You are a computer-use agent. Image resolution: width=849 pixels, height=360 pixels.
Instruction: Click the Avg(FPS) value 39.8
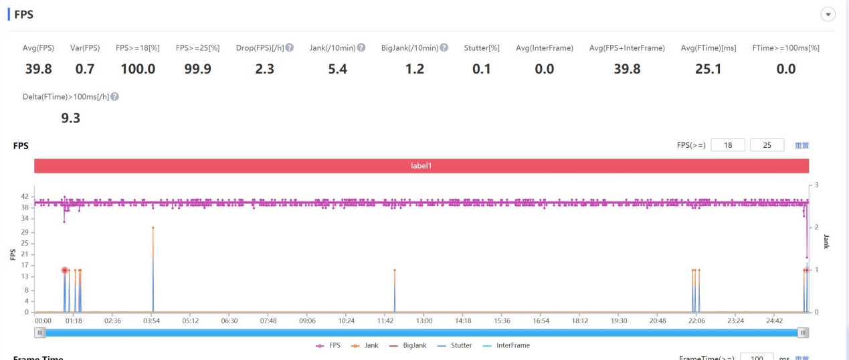tap(38, 69)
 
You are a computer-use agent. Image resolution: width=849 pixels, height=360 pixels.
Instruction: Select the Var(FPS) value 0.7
tap(85, 69)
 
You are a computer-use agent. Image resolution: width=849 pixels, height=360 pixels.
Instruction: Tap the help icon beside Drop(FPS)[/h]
tap(290, 48)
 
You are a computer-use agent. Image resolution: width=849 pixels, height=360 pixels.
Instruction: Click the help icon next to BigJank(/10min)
tap(444, 48)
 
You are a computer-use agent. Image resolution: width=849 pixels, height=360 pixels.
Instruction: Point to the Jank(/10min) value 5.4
tap(337, 69)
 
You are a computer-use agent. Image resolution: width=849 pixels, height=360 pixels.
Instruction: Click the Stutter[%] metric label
tap(482, 48)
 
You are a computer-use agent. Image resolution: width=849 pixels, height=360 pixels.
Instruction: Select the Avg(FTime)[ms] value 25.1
tap(708, 69)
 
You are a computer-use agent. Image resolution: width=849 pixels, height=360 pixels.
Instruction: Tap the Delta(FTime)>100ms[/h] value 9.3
tap(70, 118)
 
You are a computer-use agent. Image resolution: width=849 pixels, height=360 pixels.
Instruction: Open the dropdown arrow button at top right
tap(828, 15)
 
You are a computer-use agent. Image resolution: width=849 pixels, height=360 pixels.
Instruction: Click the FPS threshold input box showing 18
tap(728, 145)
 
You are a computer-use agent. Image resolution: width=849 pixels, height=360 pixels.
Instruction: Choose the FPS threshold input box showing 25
tap(767, 145)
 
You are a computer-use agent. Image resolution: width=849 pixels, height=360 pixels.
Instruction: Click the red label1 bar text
tap(421, 165)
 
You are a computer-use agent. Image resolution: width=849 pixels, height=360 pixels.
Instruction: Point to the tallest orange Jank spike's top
tap(153, 228)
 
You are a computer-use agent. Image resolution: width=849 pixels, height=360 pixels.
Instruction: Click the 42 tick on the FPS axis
tap(25, 196)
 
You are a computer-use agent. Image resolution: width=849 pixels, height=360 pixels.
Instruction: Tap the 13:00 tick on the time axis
tap(424, 321)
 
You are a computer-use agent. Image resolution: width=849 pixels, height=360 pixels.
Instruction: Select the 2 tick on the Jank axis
tap(817, 227)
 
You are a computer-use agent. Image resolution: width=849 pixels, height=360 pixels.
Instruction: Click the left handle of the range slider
tap(39, 333)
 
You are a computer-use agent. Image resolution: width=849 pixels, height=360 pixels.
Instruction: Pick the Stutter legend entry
tap(454, 345)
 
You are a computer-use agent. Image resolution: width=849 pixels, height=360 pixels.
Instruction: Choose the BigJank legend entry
tap(408, 345)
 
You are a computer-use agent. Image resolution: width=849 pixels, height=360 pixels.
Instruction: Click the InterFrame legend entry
tap(506, 345)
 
